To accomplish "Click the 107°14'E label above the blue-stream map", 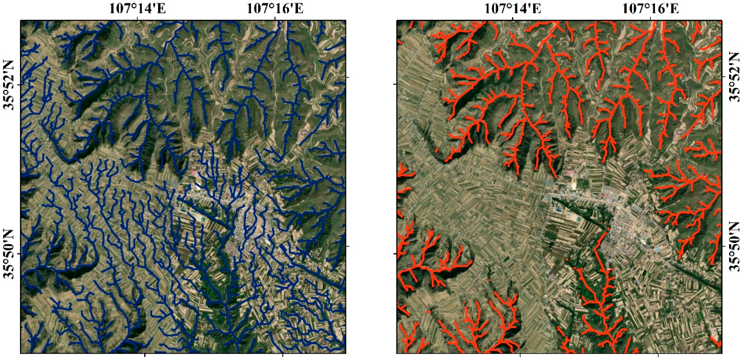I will pyautogui.click(x=138, y=9).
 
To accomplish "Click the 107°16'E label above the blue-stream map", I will pyautogui.click(x=275, y=9).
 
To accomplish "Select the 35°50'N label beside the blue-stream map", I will pyautogui.click(x=9, y=254).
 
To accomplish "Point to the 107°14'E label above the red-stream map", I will pyautogui.click(x=512, y=9).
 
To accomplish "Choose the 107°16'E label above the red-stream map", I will pyautogui.click(x=651, y=9).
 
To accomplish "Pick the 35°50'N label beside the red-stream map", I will pyautogui.click(x=735, y=247).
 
